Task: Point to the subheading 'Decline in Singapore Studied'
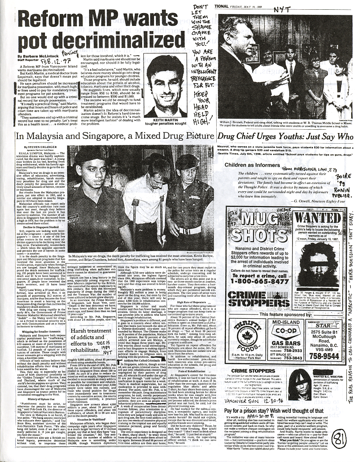coord(40,227)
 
